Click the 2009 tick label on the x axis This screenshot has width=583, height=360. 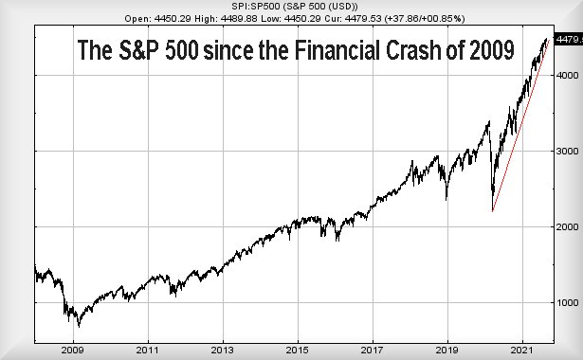click(73, 350)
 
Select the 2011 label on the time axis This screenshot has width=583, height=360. click(148, 350)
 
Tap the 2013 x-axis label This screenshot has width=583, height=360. click(223, 350)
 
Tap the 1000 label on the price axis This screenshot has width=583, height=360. click(565, 303)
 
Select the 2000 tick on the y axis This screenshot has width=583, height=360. click(565, 227)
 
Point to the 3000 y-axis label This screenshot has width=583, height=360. click(565, 152)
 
